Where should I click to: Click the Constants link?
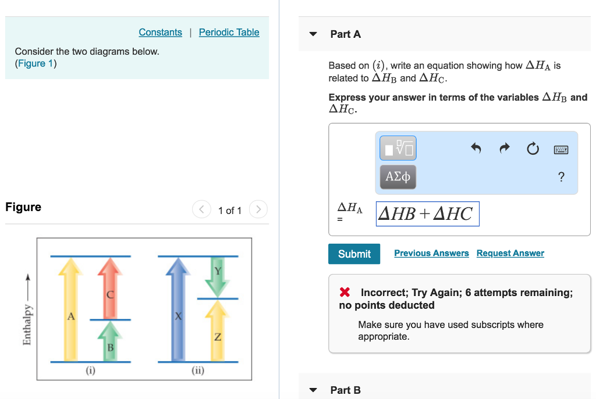(x=160, y=33)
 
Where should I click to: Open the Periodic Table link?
(x=229, y=33)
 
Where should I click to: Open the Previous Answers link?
(x=431, y=253)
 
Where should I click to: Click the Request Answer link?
(x=510, y=253)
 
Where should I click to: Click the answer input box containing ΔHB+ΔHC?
(x=427, y=214)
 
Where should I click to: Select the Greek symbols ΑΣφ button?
(x=398, y=176)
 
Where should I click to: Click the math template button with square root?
(x=398, y=148)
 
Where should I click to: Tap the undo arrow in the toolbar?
(x=476, y=149)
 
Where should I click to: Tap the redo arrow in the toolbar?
(x=504, y=149)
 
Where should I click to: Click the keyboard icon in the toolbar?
(x=560, y=149)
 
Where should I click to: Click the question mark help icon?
(x=560, y=177)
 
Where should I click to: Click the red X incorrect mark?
(x=345, y=293)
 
